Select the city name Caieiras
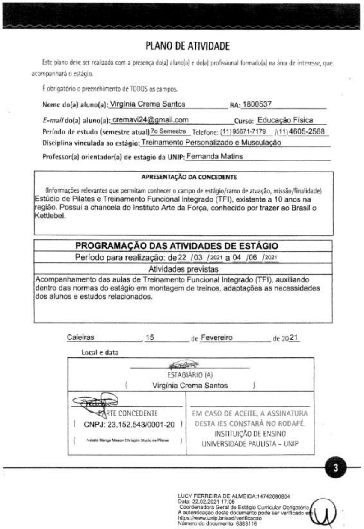81,338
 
